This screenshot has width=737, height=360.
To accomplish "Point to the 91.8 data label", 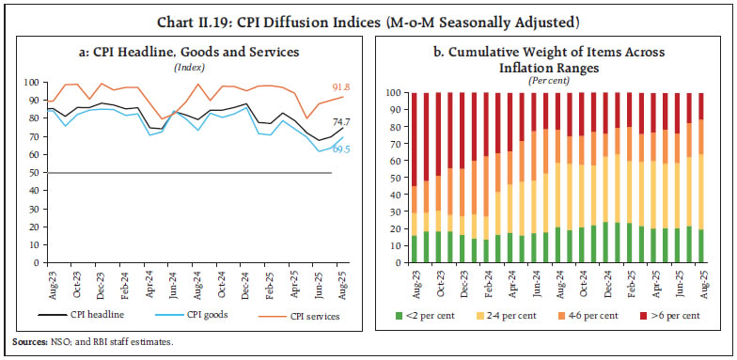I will point(339,87).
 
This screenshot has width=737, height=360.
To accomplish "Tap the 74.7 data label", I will point(339,123).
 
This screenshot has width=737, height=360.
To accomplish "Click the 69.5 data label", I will point(339,149).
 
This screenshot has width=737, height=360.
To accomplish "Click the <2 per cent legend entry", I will point(426,315).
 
